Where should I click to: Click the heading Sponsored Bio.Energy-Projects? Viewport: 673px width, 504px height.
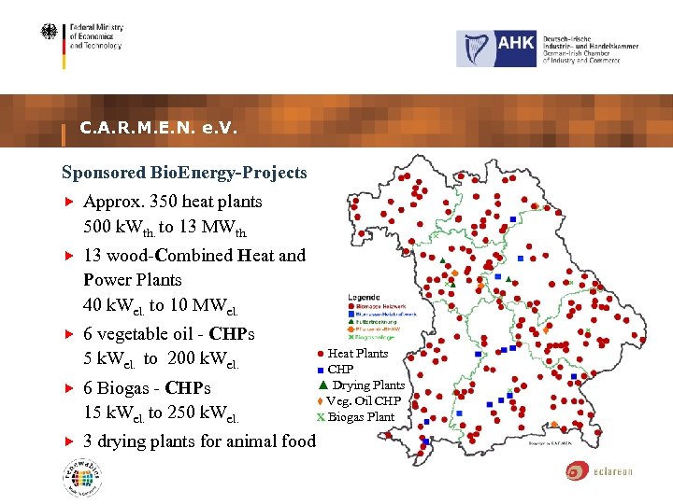[184, 173]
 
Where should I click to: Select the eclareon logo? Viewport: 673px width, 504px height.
[598, 470]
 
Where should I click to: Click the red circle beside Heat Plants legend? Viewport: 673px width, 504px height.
[321, 354]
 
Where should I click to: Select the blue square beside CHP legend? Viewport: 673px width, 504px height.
[321, 370]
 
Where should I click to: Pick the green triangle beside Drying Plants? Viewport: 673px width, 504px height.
[322, 385]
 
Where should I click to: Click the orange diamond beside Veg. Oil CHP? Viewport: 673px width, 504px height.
[321, 400]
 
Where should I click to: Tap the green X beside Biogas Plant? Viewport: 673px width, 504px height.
[321, 416]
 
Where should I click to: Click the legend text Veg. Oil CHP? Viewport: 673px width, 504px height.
[364, 401]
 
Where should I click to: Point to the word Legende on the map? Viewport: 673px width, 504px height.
[365, 297]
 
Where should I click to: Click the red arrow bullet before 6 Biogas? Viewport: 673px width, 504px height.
[68, 388]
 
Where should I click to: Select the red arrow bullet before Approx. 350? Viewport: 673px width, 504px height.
[68, 202]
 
